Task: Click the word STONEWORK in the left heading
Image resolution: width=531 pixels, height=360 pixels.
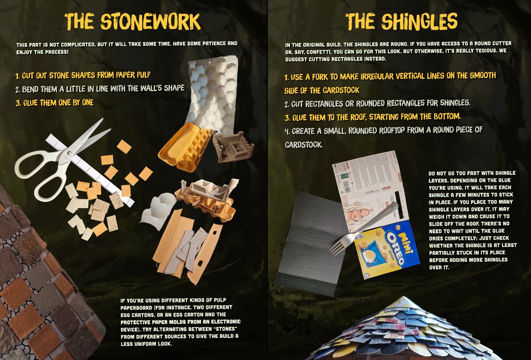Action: pyautogui.click(x=151, y=22)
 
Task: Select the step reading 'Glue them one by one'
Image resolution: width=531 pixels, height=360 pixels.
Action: pyautogui.click(x=55, y=103)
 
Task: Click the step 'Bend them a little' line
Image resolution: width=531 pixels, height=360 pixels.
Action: pyautogui.click(x=100, y=89)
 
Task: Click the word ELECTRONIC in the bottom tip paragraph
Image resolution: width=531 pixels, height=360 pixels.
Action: pyautogui.click(x=226, y=322)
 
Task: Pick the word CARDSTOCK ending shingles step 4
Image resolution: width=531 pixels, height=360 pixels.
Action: pyautogui.click(x=304, y=144)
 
